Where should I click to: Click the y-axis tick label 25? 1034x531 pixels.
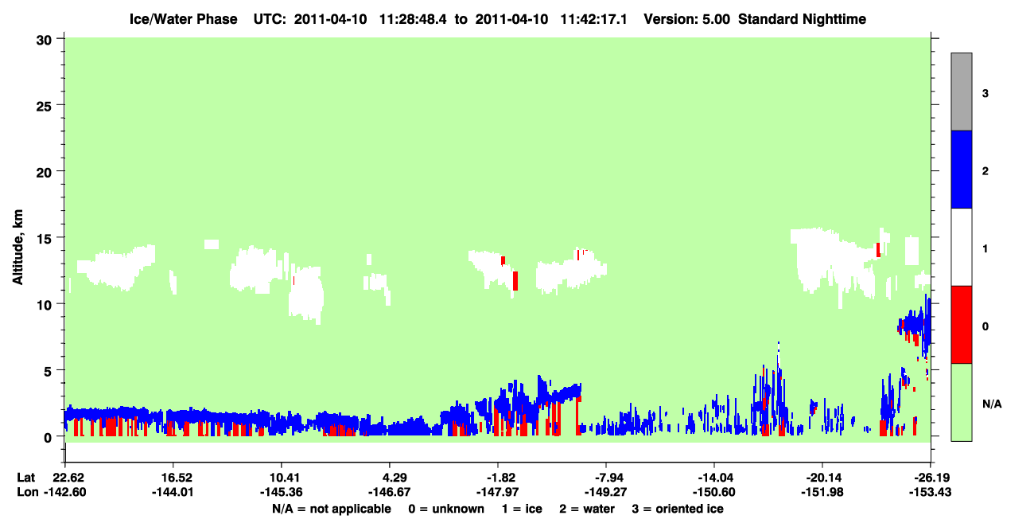(44, 107)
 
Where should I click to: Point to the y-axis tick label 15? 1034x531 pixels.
(44, 240)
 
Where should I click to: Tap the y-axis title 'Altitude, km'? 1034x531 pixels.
(17, 248)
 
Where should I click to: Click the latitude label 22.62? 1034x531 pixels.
(68, 478)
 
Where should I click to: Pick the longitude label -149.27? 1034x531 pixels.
(605, 492)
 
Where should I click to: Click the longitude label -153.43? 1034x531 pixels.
(930, 492)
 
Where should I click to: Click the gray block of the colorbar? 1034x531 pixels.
(961, 92)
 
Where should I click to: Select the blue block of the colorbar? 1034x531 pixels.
(961, 169)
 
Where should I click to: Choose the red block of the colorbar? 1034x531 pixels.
(961, 325)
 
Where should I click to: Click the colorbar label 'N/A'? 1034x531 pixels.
(992, 404)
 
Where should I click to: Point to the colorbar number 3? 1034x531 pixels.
(985, 94)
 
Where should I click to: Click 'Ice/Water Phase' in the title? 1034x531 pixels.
(183, 19)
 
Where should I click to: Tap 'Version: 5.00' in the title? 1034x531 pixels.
(687, 19)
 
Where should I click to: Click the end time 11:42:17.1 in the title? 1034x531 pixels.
(593, 19)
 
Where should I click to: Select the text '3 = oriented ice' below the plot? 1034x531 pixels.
(678, 509)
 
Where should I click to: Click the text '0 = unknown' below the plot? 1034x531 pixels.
(446, 509)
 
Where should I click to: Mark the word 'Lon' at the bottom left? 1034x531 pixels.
(28, 492)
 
